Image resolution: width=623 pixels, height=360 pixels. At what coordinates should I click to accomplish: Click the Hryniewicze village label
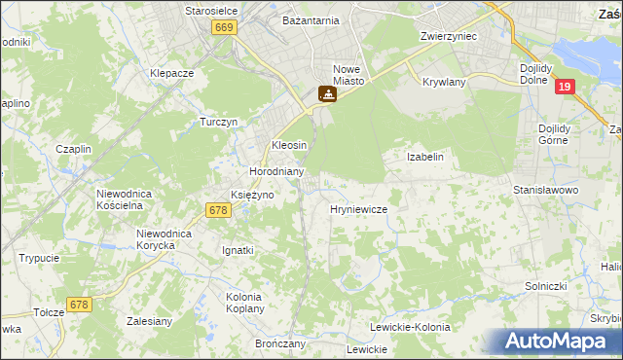[359, 209]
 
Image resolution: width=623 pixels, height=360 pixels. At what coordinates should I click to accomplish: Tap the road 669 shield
[223, 29]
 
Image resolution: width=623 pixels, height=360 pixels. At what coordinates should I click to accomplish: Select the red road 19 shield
[565, 88]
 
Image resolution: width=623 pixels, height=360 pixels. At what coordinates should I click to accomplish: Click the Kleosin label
[289, 145]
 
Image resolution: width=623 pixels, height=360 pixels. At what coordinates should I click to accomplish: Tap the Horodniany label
[276, 171]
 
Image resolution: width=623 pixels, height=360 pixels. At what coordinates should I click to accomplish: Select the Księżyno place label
[251, 195]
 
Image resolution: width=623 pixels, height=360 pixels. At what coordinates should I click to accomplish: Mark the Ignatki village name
[238, 250]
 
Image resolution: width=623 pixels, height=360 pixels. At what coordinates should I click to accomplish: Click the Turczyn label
[219, 123]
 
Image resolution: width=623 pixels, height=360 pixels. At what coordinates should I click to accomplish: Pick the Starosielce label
[212, 11]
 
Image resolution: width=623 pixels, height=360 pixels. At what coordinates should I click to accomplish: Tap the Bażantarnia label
[311, 19]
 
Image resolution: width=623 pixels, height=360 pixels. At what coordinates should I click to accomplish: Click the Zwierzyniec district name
[447, 36]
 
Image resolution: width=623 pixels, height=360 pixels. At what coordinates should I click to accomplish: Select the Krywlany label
[444, 82]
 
